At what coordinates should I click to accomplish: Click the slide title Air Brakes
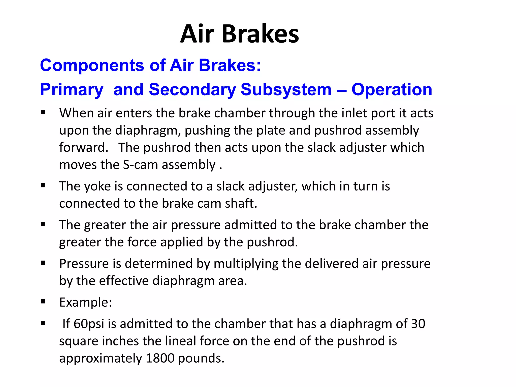(239, 34)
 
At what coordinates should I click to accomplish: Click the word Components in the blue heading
(92, 65)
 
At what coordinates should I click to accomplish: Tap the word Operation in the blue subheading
(392, 89)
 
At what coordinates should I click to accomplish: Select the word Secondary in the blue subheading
(192, 89)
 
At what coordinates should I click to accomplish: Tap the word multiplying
(246, 264)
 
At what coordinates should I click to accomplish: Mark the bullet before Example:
(43, 301)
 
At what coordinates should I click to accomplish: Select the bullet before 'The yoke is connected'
(43, 185)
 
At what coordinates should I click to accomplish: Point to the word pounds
(201, 358)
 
